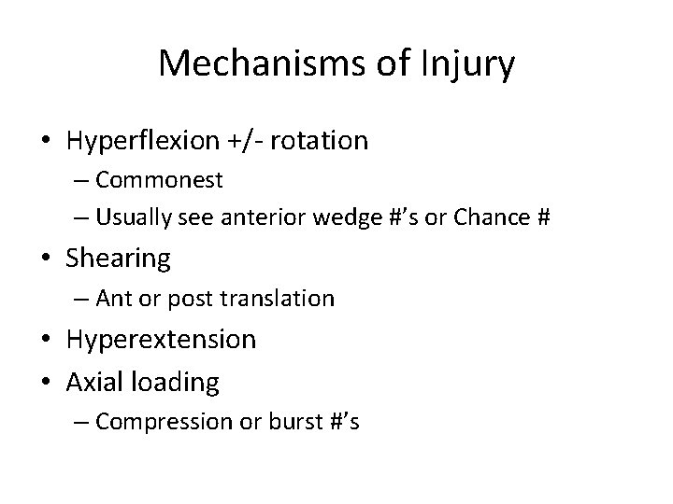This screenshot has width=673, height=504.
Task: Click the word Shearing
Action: tap(119, 259)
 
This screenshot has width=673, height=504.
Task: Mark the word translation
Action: tap(279, 299)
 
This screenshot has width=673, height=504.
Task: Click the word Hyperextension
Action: tap(161, 339)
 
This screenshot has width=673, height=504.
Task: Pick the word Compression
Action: tap(158, 422)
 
